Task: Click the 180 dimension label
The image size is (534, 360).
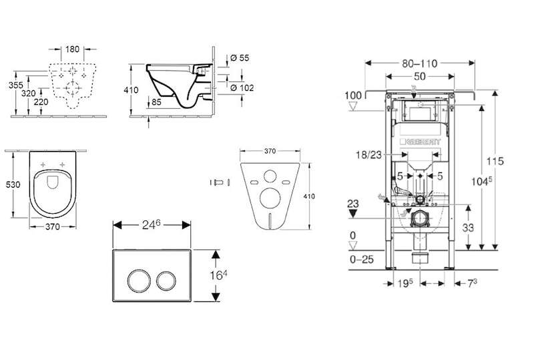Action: (x=72, y=49)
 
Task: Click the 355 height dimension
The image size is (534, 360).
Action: (x=15, y=85)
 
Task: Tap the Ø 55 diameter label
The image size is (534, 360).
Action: (x=240, y=58)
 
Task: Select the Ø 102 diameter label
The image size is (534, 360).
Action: (x=242, y=88)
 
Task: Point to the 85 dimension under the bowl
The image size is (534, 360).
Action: (x=156, y=102)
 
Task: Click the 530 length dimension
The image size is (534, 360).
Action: (x=13, y=185)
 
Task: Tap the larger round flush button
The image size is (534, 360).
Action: (x=139, y=281)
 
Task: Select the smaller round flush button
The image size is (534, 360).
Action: (x=166, y=281)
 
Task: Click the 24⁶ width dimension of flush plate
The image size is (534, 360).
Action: (x=151, y=225)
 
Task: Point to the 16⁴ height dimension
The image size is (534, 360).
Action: (x=218, y=275)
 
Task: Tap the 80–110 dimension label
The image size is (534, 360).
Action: (x=420, y=63)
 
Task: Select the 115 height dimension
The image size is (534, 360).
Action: (x=495, y=161)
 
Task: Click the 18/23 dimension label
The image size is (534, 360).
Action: (x=369, y=155)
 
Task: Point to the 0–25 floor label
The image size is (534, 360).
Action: (x=362, y=259)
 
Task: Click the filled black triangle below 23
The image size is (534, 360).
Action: (x=353, y=214)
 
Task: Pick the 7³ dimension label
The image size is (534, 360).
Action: (x=471, y=283)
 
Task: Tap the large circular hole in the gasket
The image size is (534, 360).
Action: (x=270, y=198)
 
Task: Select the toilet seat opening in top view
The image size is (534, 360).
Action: (x=53, y=194)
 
